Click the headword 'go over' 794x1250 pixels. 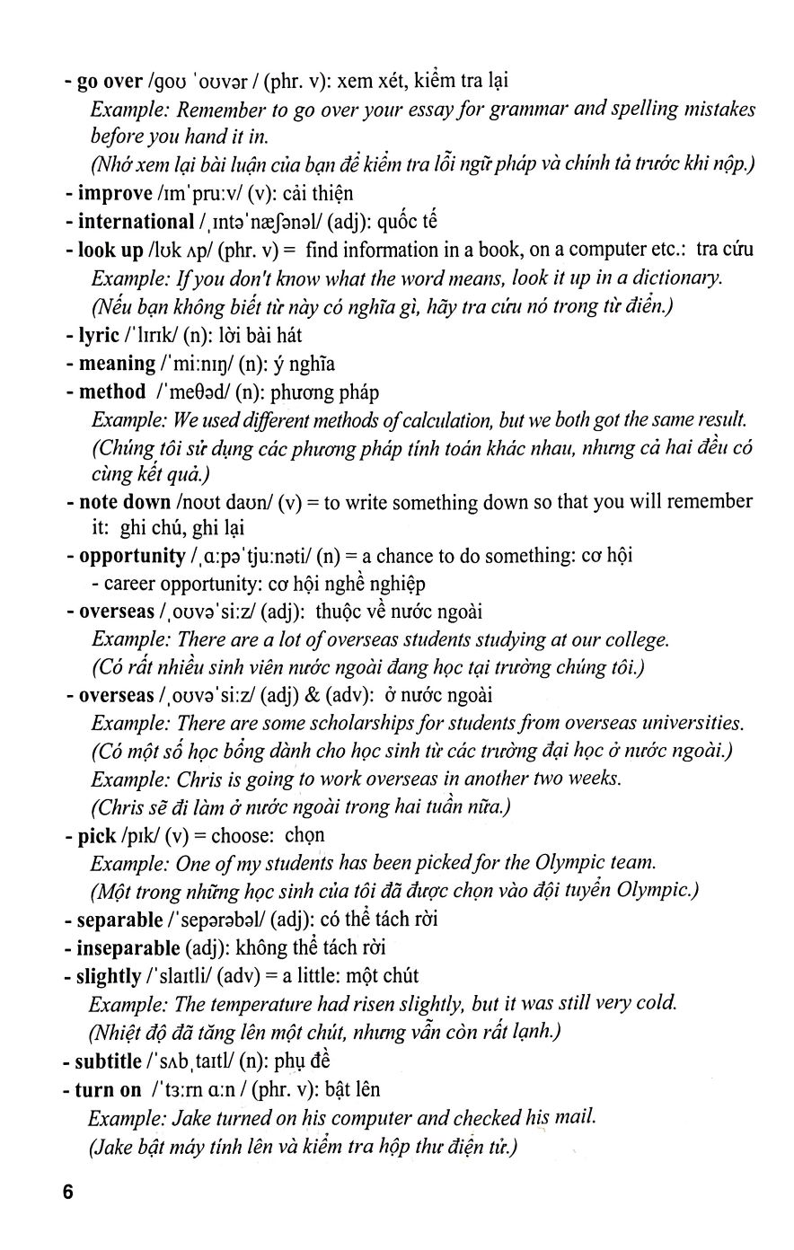[x=110, y=81]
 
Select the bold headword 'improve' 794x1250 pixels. [x=115, y=193]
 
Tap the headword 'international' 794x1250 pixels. [x=136, y=221]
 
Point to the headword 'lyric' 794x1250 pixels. [x=99, y=335]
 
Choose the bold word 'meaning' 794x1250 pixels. [x=117, y=364]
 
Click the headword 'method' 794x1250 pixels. [x=112, y=392]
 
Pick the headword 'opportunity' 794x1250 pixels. [x=132, y=556]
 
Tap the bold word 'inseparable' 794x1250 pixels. [x=128, y=947]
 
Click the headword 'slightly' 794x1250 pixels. [x=109, y=975]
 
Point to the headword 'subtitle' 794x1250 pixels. [x=108, y=1061]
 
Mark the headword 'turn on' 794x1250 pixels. [x=108, y=1089]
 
